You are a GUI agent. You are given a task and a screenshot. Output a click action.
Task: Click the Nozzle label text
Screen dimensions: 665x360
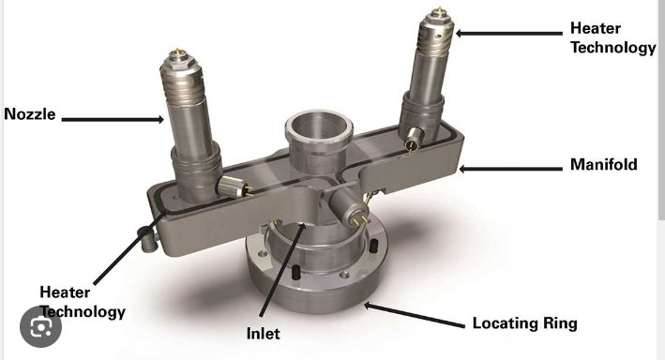(30, 114)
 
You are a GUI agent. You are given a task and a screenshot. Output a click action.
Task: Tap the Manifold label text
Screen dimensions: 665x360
(603, 164)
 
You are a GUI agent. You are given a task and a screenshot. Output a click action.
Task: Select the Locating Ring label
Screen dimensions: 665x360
(525, 323)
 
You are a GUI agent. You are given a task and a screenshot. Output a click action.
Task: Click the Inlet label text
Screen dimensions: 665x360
(263, 334)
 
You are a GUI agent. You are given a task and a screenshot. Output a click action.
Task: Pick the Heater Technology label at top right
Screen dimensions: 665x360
(612, 37)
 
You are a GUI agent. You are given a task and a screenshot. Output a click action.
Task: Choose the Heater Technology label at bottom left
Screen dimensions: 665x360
(83, 302)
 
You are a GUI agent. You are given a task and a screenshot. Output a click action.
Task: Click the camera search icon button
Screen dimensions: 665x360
(40, 326)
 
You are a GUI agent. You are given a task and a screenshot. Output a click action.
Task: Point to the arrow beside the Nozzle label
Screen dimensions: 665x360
(113, 120)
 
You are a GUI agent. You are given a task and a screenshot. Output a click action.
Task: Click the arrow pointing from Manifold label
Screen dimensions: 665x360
(510, 169)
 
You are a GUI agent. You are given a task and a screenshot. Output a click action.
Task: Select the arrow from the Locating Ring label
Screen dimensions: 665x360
(415, 315)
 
